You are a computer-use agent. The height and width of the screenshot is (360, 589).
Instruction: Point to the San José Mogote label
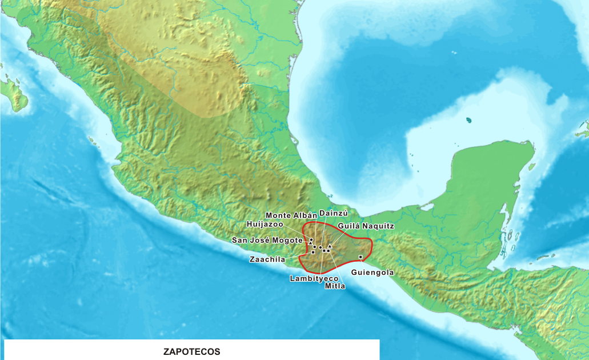[267, 240]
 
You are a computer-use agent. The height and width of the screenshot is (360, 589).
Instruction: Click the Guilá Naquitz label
[366, 226]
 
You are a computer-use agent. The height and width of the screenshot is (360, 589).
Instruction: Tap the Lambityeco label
[314, 278]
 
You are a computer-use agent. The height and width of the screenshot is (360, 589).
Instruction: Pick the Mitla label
[335, 286]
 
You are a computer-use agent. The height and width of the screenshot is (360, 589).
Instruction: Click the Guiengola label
[372, 273]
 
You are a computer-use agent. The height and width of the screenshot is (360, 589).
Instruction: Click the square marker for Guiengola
[360, 257]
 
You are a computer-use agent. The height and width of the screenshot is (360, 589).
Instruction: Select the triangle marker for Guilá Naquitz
[330, 246]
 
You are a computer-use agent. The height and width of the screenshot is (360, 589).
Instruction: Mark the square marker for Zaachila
[313, 252]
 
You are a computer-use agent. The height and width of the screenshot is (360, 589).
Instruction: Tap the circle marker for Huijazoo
[311, 240]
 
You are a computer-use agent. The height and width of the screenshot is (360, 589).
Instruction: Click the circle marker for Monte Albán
[314, 246]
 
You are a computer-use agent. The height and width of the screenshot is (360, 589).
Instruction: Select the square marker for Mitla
[328, 250]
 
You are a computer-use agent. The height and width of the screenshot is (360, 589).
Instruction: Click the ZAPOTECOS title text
[191, 351]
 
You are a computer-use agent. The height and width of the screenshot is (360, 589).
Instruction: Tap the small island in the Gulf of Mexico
[469, 121]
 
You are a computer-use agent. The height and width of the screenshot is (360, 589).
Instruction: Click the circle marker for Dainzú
[320, 247]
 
